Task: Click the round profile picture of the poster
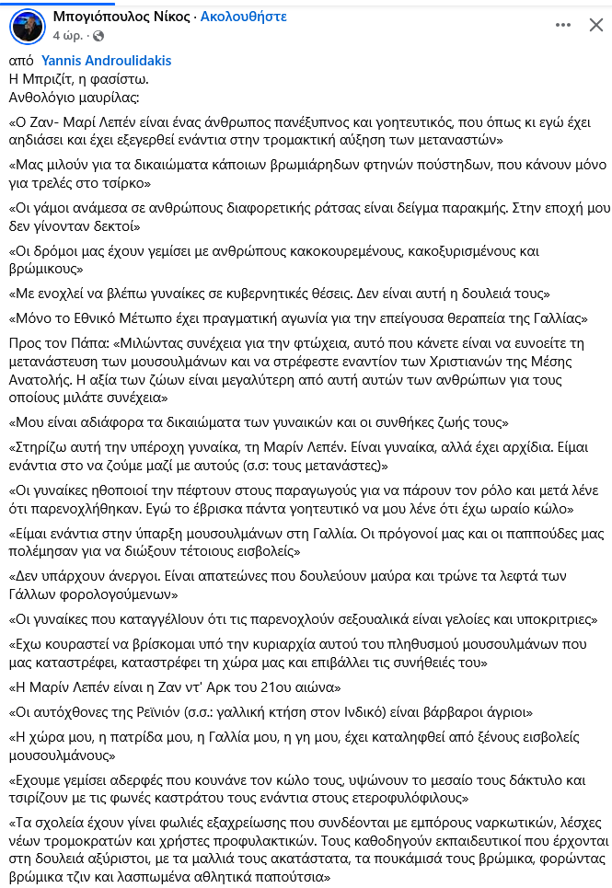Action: [27, 26]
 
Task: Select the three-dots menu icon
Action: [560, 26]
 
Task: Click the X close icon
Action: [595, 26]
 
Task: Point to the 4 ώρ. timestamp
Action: [67, 36]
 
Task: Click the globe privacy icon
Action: [98, 36]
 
